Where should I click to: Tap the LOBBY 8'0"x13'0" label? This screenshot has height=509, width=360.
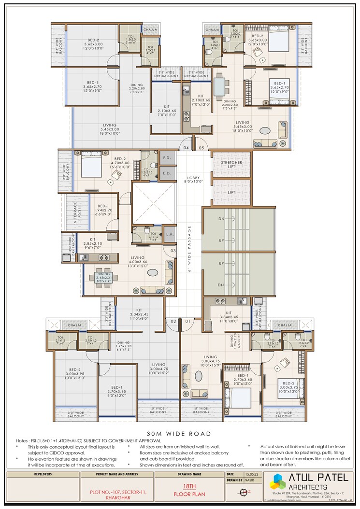[193, 181]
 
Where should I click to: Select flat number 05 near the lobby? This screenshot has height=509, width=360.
[202, 147]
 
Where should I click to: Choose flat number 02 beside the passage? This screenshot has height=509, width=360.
[172, 321]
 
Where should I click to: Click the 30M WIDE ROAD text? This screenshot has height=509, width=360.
[180, 434]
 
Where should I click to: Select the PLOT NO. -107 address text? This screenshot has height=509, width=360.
[111, 492]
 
